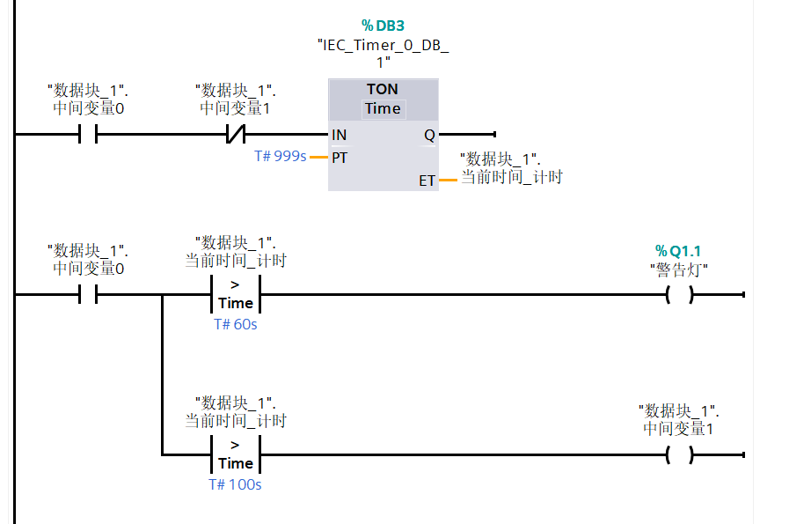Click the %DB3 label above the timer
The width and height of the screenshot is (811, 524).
point(383,26)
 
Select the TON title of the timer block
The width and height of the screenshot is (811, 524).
point(383,89)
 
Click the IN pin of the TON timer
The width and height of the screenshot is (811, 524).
point(339,135)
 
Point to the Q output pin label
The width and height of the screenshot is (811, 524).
point(429,135)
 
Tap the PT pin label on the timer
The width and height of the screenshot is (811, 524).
point(340,158)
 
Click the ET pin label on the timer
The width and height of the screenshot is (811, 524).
point(427,181)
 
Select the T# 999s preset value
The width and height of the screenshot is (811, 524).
point(280,157)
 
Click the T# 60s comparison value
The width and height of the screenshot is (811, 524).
point(236,324)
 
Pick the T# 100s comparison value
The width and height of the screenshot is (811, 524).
point(235,484)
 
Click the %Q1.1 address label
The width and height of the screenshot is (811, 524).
point(678,252)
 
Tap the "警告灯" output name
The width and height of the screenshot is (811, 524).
point(678,269)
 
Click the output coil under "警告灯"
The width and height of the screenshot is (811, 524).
point(679,295)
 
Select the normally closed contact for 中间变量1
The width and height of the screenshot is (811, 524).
point(235,135)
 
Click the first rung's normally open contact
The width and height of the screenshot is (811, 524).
point(88,135)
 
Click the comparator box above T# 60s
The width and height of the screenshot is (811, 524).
point(236,294)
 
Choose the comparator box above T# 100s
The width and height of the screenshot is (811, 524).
point(236,454)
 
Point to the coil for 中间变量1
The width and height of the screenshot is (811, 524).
point(679,455)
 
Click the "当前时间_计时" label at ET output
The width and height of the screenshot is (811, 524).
point(512,177)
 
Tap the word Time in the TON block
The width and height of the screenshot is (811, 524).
point(383,108)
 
